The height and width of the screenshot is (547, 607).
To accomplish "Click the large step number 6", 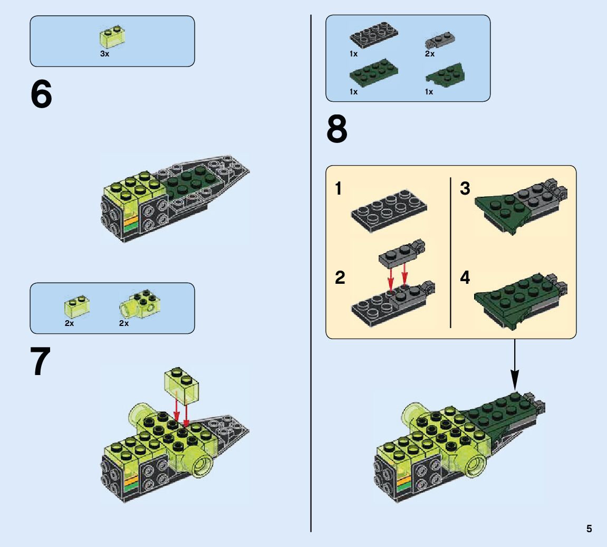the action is [x=41, y=94].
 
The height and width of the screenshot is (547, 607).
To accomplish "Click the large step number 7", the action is [x=41, y=361].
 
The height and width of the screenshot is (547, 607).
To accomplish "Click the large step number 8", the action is [x=337, y=129].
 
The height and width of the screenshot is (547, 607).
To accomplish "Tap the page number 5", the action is [x=589, y=529].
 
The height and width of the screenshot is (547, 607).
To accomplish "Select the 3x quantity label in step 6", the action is [x=104, y=54].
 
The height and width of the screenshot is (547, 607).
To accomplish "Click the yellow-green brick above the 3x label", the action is [x=112, y=37].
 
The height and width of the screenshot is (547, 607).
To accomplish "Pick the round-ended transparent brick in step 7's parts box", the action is [x=140, y=304].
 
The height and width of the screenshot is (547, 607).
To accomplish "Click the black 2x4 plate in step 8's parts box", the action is [x=373, y=35].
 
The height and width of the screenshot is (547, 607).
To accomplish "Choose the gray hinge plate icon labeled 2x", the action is [x=440, y=40].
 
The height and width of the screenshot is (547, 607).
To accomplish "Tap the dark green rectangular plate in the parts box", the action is [x=373, y=73].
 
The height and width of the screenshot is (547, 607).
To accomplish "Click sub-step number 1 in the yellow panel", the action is [x=339, y=188].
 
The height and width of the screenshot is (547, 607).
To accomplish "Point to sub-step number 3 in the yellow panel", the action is [x=465, y=188].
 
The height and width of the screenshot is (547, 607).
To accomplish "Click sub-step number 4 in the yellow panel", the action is [x=465, y=277].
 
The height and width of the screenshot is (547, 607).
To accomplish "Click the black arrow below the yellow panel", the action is [x=515, y=364].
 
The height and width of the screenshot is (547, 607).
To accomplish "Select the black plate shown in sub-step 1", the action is [x=389, y=211].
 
